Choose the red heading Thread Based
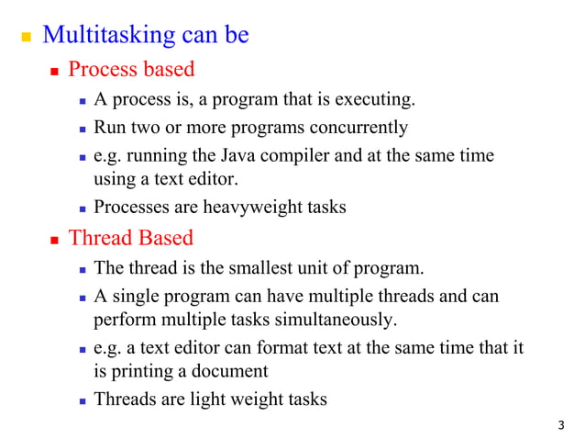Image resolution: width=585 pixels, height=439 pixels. (x=131, y=238)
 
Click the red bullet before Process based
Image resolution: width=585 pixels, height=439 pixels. (x=54, y=72)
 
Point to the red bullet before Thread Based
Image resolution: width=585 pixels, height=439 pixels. (x=54, y=240)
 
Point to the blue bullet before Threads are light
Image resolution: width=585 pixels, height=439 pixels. (x=83, y=401)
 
